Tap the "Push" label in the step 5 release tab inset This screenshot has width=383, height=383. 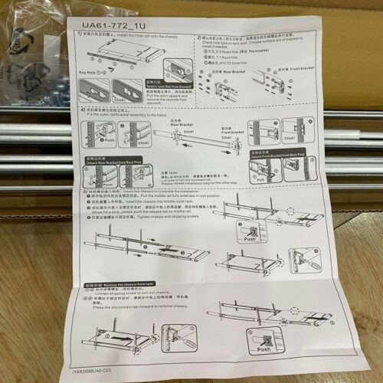(250, 238)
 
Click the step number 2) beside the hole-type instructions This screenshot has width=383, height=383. (198, 37)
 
